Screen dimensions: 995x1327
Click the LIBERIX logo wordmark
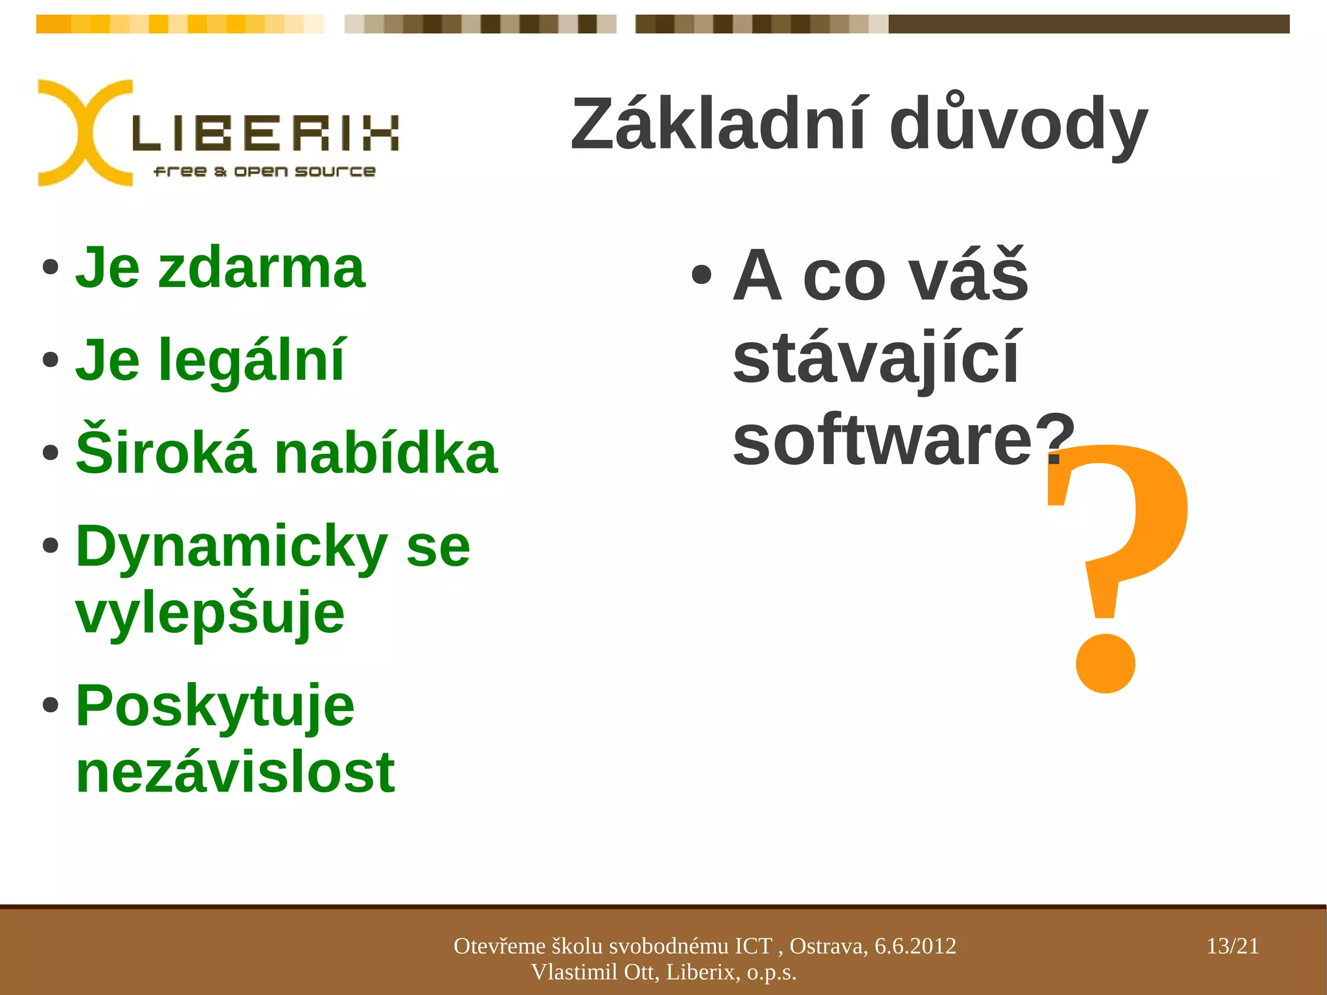click(x=266, y=133)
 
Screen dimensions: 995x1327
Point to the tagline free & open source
click(x=264, y=172)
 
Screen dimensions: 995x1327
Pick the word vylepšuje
click(x=210, y=614)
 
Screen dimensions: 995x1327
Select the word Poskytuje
click(x=215, y=707)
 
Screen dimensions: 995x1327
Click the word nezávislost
click(x=235, y=773)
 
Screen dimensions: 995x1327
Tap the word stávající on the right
click(x=875, y=358)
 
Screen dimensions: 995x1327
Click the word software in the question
click(x=882, y=440)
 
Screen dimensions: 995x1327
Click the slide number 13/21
click(x=1232, y=946)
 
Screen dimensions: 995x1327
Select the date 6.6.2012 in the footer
click(x=915, y=946)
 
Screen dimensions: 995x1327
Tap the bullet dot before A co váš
click(x=701, y=275)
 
